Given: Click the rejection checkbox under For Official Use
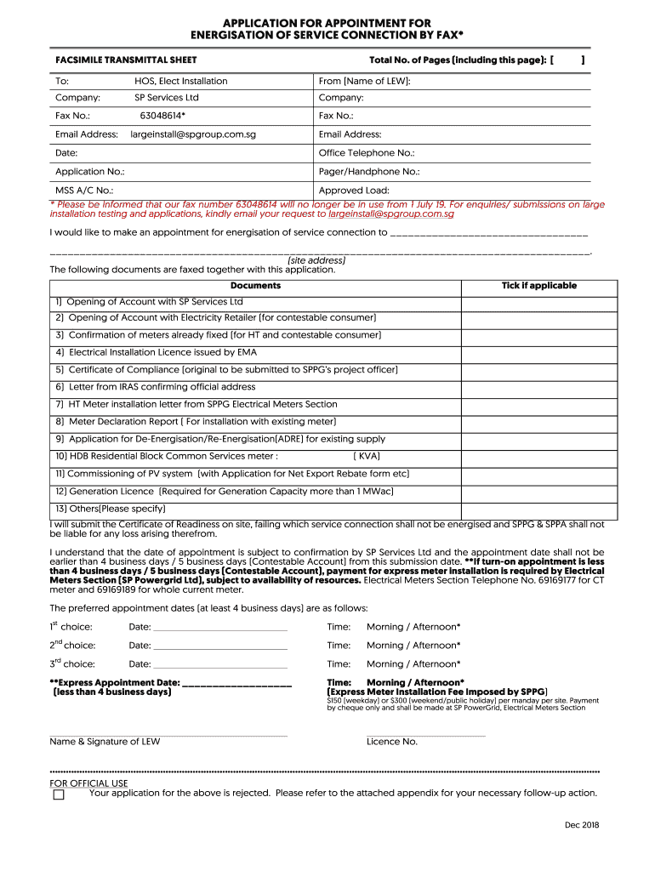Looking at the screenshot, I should coord(58,795).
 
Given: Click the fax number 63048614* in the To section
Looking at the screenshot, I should coord(162,116).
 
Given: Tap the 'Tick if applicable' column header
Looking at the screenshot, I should coord(538,286).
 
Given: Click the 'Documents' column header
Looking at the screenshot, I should coord(255,286).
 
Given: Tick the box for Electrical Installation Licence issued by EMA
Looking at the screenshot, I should coord(533,352).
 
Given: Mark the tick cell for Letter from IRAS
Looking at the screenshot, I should coord(533,387).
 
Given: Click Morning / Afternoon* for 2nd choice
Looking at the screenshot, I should coord(413,646).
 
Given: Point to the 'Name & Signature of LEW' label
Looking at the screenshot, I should coord(105,742).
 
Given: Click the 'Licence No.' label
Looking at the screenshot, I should coord(392,742).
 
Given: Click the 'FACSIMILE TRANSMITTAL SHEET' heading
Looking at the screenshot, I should coord(126,60).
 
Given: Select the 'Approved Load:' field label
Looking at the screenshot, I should coord(354,191).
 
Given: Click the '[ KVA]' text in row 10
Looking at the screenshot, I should coord(367,457).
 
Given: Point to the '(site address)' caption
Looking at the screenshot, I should coord(316,260).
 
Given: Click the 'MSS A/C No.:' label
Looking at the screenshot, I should coord(84,191).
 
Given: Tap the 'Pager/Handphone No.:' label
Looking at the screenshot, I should coord(369,172).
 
